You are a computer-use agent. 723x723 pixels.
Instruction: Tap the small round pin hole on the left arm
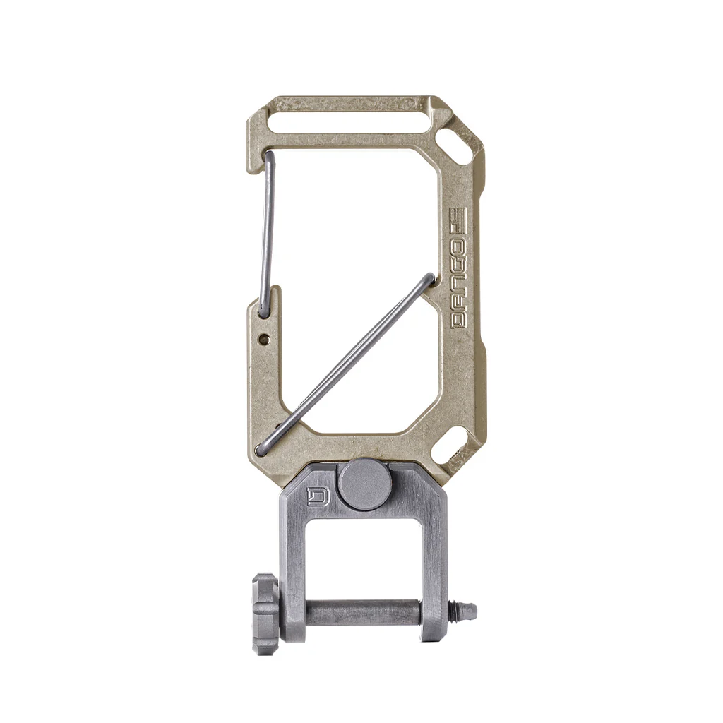tap(264, 339)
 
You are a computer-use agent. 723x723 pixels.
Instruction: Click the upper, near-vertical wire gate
tap(266, 233)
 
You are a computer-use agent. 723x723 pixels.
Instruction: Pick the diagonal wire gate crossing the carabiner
tap(346, 364)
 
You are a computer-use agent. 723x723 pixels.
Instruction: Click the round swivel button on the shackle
tap(364, 484)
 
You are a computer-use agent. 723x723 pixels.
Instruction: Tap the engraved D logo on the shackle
tap(318, 497)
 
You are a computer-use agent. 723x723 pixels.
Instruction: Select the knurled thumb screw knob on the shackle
tap(265, 614)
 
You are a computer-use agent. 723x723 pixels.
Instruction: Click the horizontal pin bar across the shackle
tap(363, 612)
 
